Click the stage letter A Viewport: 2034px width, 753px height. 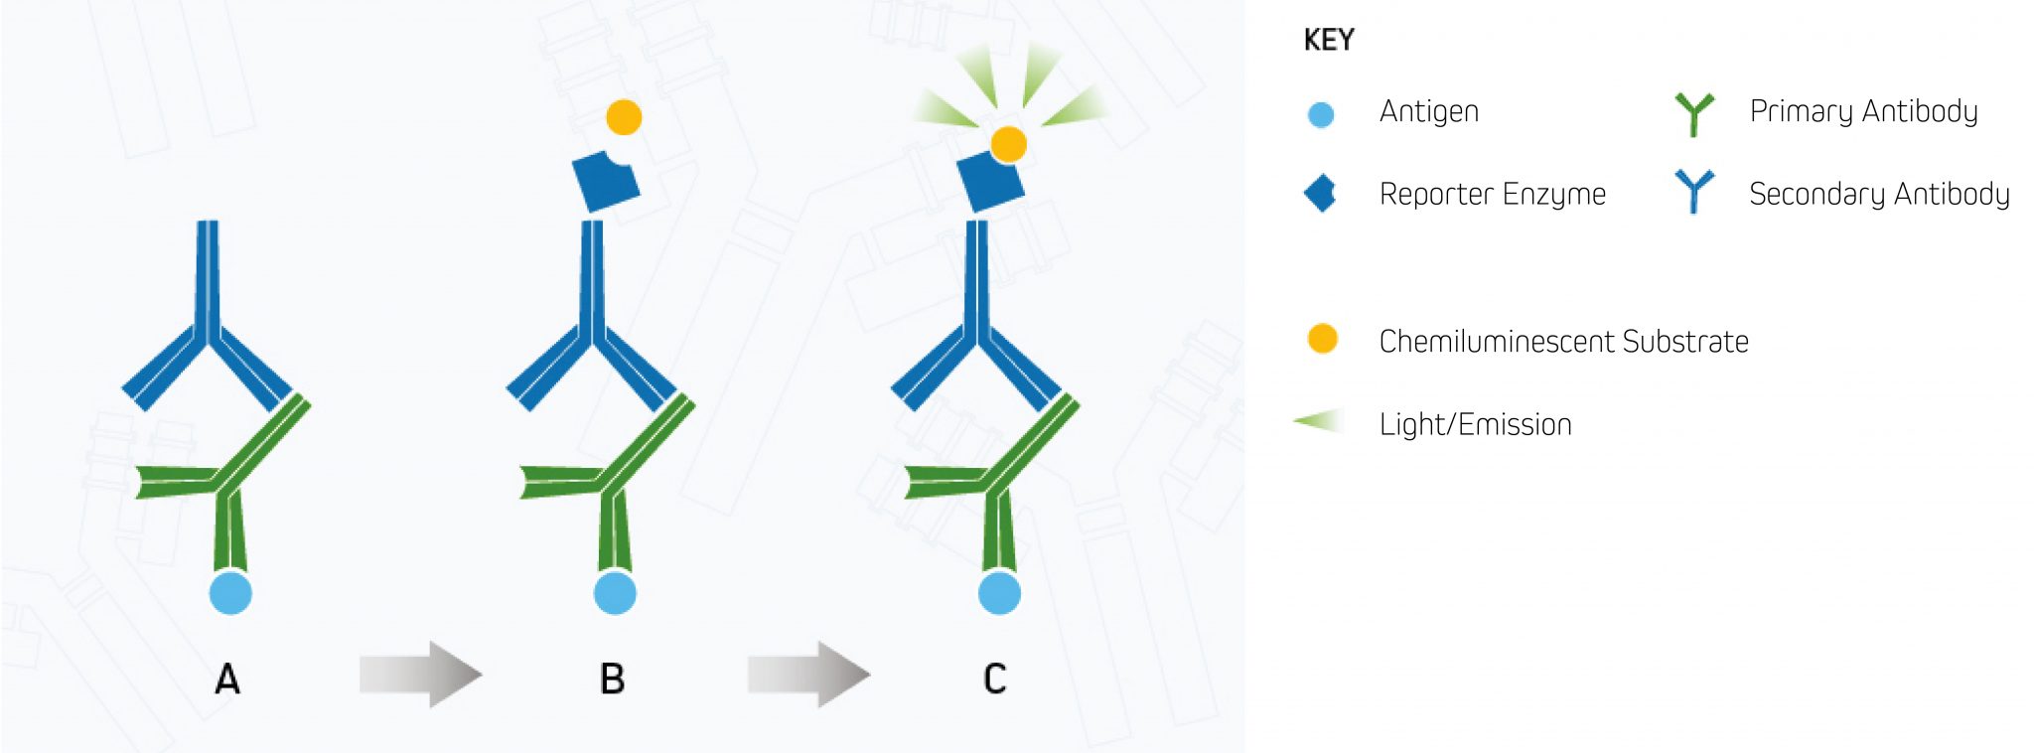227,679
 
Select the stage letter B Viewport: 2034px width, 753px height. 612,679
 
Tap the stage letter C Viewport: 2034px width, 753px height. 994,679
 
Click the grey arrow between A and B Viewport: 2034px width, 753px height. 420,675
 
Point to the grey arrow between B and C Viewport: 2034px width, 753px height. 808,675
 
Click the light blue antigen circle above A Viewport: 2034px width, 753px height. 230,593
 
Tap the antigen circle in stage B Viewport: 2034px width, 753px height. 615,593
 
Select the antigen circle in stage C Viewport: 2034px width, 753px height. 999,593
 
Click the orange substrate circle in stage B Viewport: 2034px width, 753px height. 624,117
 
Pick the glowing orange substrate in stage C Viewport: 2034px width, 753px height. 1009,144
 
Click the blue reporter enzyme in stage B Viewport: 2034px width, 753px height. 604,183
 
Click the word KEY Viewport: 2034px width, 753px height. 1329,41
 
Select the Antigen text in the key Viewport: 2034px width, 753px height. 1428,111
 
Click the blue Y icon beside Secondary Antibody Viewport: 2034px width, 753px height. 1693,191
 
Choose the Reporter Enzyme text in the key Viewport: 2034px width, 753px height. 1492,194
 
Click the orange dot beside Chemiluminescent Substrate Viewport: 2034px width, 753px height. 1322,339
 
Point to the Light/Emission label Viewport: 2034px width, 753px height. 1475,425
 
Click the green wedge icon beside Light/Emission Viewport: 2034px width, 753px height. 1322,422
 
